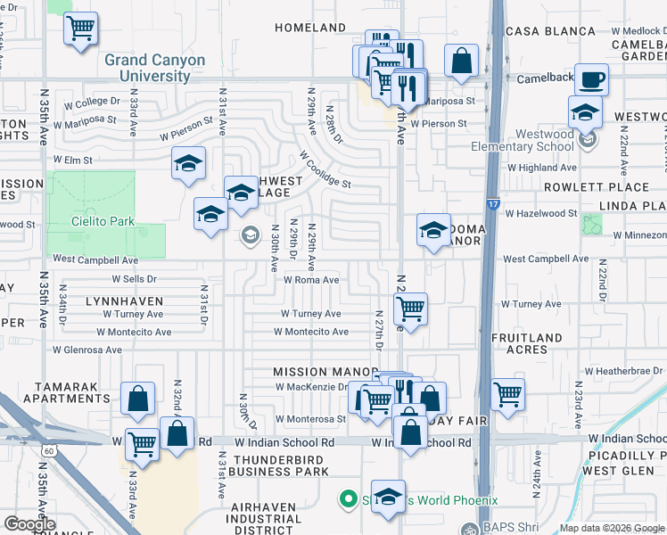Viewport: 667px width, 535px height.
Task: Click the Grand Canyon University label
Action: point(154,68)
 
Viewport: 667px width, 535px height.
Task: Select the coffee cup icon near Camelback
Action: point(591,80)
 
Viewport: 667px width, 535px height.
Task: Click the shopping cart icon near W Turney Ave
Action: point(410,309)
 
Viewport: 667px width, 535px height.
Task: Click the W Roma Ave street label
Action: point(311,280)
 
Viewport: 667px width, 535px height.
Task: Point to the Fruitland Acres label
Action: point(525,343)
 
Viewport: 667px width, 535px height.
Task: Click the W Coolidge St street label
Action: point(325,169)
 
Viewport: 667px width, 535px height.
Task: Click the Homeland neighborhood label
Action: point(309,28)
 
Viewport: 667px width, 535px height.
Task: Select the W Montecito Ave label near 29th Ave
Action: point(311,332)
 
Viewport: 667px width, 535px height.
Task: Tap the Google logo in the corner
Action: point(29,524)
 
